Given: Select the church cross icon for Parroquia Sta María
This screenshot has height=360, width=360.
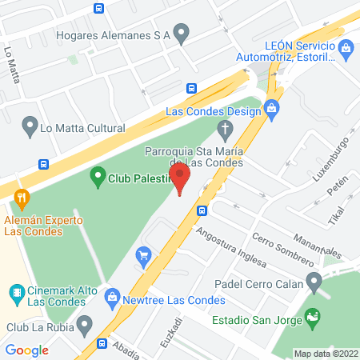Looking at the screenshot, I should (226, 129).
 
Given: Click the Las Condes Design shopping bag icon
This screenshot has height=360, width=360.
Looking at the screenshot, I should (272, 106).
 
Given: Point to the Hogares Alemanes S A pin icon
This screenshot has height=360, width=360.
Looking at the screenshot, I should (182, 34).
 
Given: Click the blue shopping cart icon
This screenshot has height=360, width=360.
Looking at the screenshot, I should (144, 256).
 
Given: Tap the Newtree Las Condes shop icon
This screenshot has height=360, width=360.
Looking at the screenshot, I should (113, 300).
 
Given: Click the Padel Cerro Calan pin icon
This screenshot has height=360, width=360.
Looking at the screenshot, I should (314, 281).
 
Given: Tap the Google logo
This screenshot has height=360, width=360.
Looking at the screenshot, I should (27, 350).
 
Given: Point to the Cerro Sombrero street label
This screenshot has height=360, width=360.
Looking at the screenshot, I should (282, 249).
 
